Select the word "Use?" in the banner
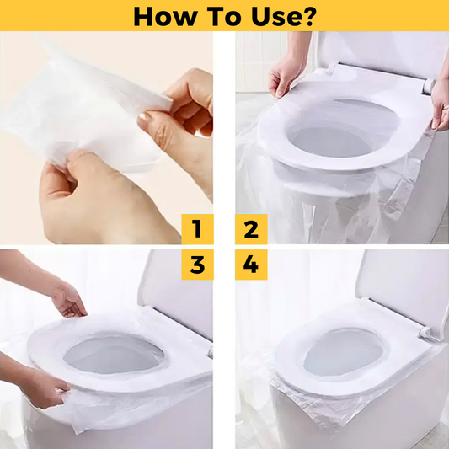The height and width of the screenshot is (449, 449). point(284,16)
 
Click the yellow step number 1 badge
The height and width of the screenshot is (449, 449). point(197,229)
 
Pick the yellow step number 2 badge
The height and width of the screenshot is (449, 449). point(251,229)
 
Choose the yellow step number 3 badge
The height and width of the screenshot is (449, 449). point(197,265)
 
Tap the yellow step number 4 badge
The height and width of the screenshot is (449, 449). point(251,265)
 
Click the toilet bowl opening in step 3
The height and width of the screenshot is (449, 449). point(114,355)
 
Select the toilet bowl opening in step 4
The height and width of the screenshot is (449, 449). point(344,352)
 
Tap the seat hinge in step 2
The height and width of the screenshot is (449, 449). point(429,86)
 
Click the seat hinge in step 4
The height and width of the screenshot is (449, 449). point(425,333)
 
